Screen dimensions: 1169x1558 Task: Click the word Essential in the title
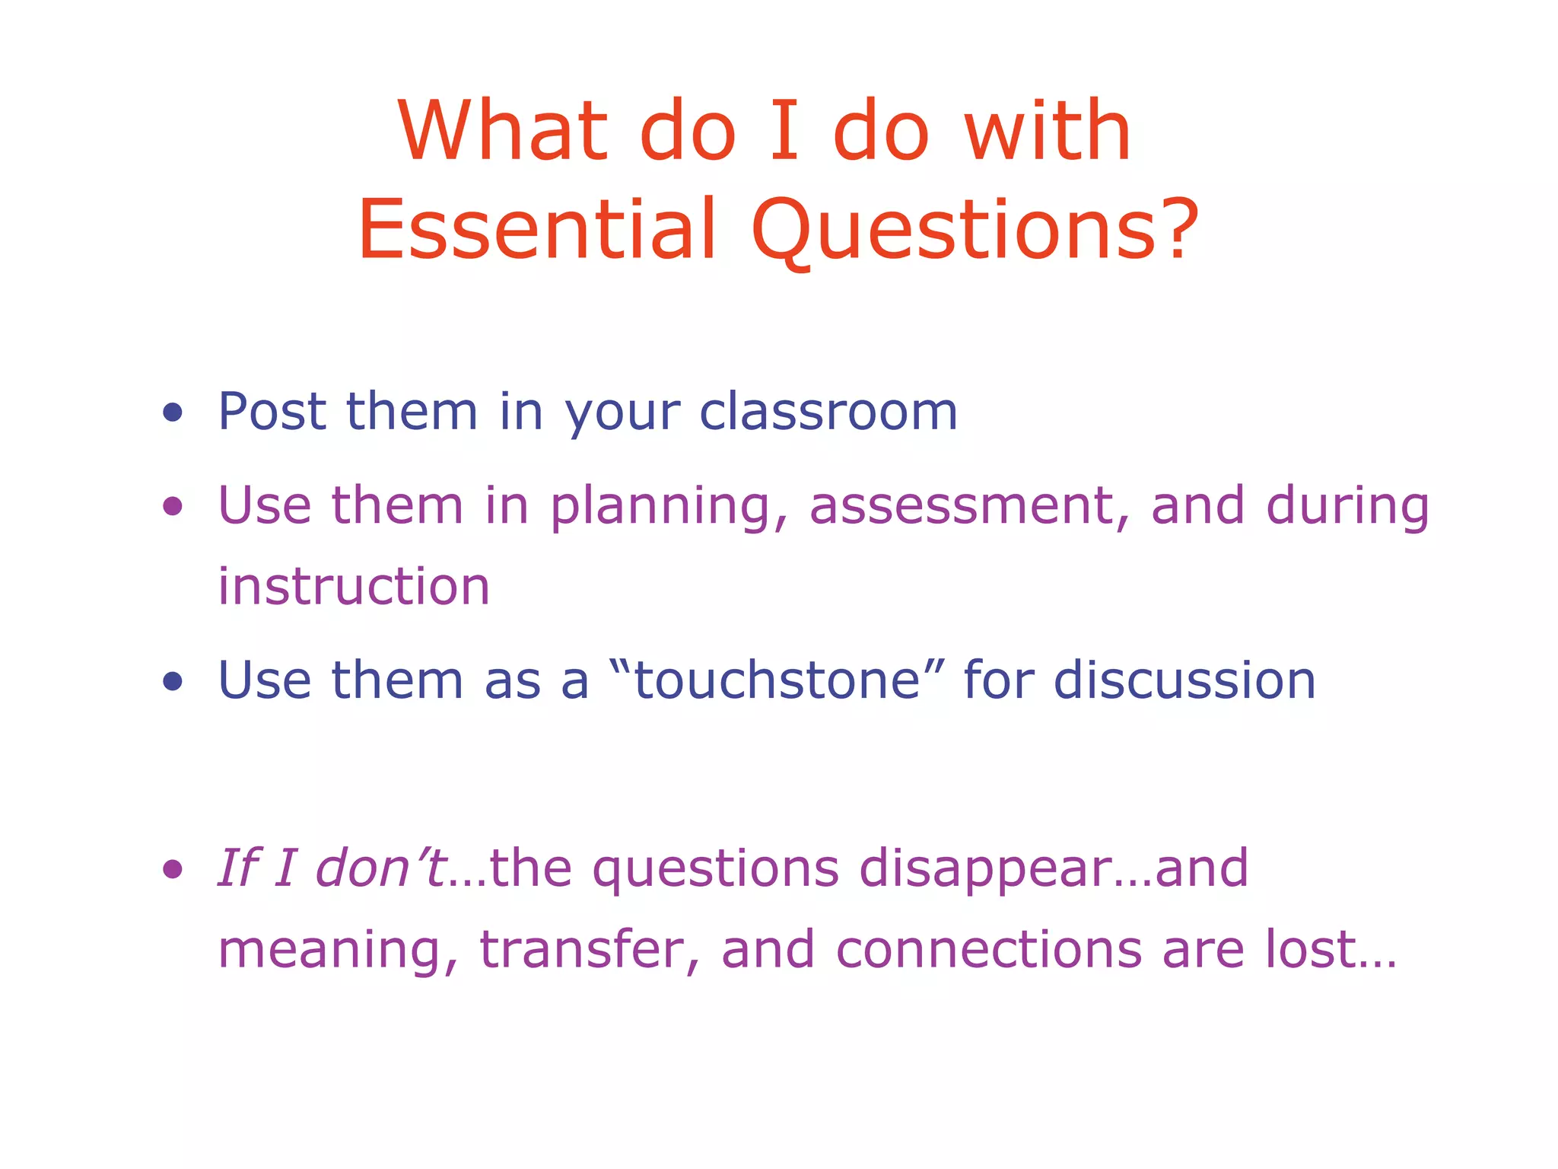pyautogui.click(x=537, y=229)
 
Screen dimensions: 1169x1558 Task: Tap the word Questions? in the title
pyautogui.click(x=975, y=229)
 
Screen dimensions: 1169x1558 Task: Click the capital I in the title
pyautogui.click(x=784, y=131)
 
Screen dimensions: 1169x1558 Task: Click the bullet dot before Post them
pyautogui.click(x=173, y=412)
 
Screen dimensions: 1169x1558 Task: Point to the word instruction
pyautogui.click(x=354, y=587)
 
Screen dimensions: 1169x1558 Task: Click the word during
pyautogui.click(x=1347, y=507)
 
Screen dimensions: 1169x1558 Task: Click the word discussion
pyautogui.click(x=1184, y=680)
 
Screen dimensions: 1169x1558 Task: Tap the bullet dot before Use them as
pyautogui.click(x=173, y=681)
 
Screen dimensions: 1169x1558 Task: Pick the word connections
pyautogui.click(x=988, y=950)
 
